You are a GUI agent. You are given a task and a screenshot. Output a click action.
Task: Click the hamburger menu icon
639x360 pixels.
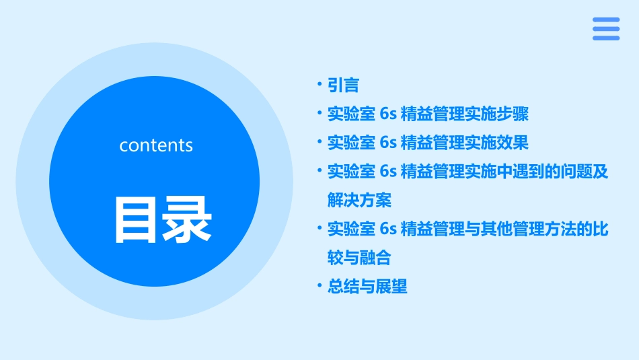[606, 29]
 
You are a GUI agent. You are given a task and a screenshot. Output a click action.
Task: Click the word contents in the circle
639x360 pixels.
[156, 145]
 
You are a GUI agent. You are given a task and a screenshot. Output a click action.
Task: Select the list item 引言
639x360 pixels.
[343, 85]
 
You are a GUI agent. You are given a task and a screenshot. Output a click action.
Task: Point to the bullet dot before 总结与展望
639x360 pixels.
[319, 286]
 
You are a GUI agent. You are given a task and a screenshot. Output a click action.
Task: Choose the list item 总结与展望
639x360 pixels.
[367, 287]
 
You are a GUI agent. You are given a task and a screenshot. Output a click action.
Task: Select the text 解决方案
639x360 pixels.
[359, 201]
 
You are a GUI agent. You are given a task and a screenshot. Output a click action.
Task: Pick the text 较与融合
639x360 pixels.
[359, 258]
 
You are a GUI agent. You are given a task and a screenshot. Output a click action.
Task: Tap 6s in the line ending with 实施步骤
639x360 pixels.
[387, 114]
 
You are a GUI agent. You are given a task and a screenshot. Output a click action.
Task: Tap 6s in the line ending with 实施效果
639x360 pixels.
[387, 143]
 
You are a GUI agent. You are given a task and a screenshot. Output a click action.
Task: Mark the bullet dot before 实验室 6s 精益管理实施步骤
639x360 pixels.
[319, 113]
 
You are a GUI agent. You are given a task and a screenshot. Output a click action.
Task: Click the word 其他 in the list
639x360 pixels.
[496, 229]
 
